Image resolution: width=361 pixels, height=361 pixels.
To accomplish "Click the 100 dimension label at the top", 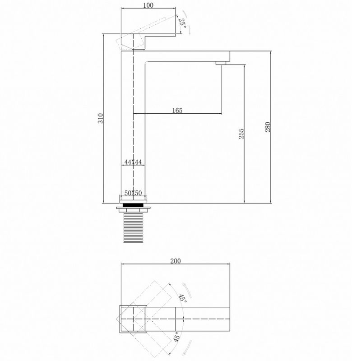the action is click(x=148, y=5).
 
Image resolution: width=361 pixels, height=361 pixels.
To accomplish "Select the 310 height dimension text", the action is click(x=101, y=118).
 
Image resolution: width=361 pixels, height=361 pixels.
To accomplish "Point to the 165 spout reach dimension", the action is click(x=177, y=111).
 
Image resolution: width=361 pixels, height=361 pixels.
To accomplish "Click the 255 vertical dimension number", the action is click(x=241, y=134).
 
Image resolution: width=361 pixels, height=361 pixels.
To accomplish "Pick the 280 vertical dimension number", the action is click(x=268, y=127).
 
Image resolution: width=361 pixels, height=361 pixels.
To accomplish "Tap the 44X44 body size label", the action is click(x=133, y=162).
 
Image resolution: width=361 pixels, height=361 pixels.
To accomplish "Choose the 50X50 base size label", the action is click(x=133, y=193).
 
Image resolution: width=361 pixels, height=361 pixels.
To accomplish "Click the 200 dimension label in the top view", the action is click(x=176, y=261).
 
